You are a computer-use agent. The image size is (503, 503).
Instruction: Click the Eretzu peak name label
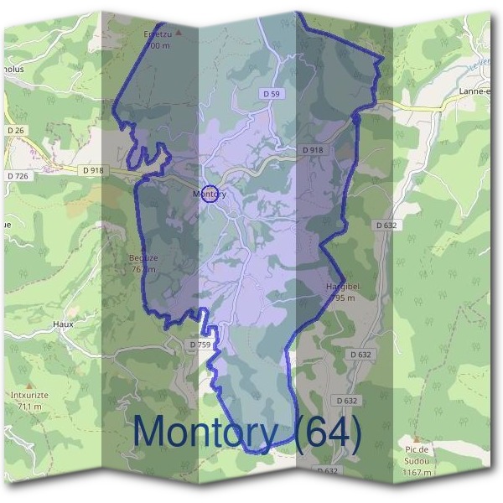(x=156, y=35)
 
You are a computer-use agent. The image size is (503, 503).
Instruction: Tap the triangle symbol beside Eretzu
(x=177, y=34)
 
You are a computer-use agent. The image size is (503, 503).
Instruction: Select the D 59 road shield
(x=271, y=95)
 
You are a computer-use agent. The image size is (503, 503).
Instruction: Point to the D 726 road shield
(x=18, y=175)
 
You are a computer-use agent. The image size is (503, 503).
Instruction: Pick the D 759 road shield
(x=200, y=345)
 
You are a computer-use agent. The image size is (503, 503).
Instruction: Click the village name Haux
(x=63, y=324)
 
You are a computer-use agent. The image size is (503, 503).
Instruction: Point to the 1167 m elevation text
(x=416, y=473)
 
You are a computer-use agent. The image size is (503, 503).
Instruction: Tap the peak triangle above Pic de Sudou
(x=416, y=438)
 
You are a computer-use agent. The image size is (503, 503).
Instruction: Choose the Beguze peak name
(x=143, y=258)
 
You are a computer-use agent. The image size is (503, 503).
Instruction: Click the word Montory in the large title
(x=205, y=433)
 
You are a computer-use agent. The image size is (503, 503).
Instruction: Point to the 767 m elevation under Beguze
(x=143, y=269)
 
